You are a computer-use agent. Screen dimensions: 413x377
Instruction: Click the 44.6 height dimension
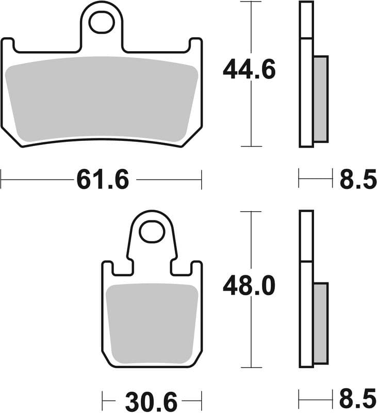coord(249,70)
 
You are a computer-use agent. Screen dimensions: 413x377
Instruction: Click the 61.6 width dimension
coord(102,180)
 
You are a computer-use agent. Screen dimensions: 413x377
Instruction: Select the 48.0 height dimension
coord(249,285)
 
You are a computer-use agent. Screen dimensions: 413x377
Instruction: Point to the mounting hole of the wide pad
coord(101,22)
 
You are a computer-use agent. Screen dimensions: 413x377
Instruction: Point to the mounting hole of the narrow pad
coord(152,232)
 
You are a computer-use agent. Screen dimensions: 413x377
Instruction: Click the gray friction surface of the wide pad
coord(101,98)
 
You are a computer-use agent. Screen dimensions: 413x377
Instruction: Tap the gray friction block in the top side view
coord(320,98)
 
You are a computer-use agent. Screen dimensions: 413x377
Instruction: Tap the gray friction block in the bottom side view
coord(320,323)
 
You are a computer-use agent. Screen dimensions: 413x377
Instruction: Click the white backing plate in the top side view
coord(306,93)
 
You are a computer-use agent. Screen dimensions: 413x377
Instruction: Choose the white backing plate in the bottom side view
coord(306,315)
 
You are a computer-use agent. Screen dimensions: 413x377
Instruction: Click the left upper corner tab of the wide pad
coord(7,45)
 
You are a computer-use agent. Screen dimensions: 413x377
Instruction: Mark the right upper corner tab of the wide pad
coord(196,45)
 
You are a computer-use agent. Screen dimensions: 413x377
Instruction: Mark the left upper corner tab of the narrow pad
coord(107,268)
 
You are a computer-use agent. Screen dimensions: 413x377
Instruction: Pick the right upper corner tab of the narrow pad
coord(196,268)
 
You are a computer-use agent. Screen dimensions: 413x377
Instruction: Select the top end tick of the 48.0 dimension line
coord(251,211)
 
